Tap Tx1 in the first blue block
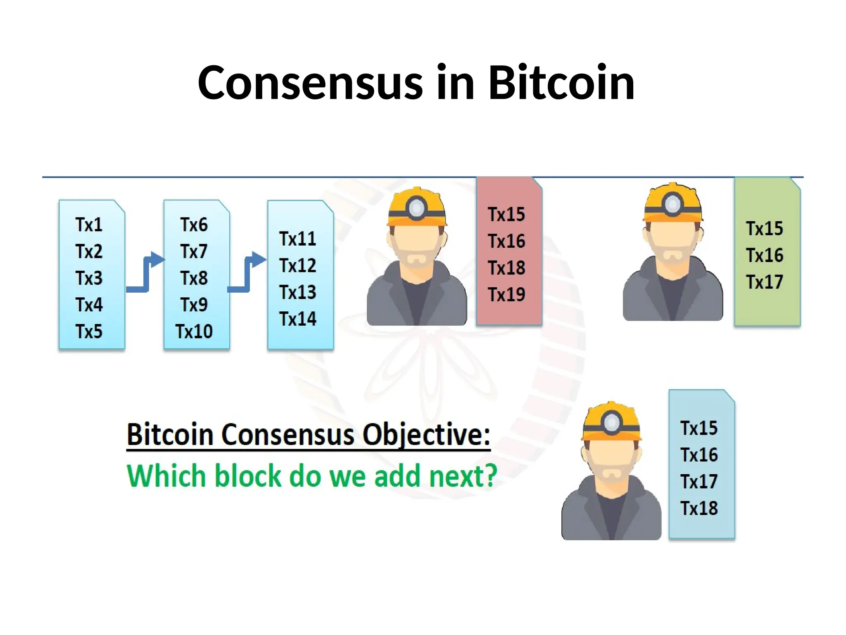point(89,225)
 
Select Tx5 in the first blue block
point(89,332)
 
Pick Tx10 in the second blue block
point(194,332)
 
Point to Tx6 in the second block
point(194,225)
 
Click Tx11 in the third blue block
point(297,239)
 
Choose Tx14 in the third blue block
point(297,319)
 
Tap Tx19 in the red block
point(506,295)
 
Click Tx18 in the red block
point(506,268)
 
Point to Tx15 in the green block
point(764,229)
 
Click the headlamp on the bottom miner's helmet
point(611,423)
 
